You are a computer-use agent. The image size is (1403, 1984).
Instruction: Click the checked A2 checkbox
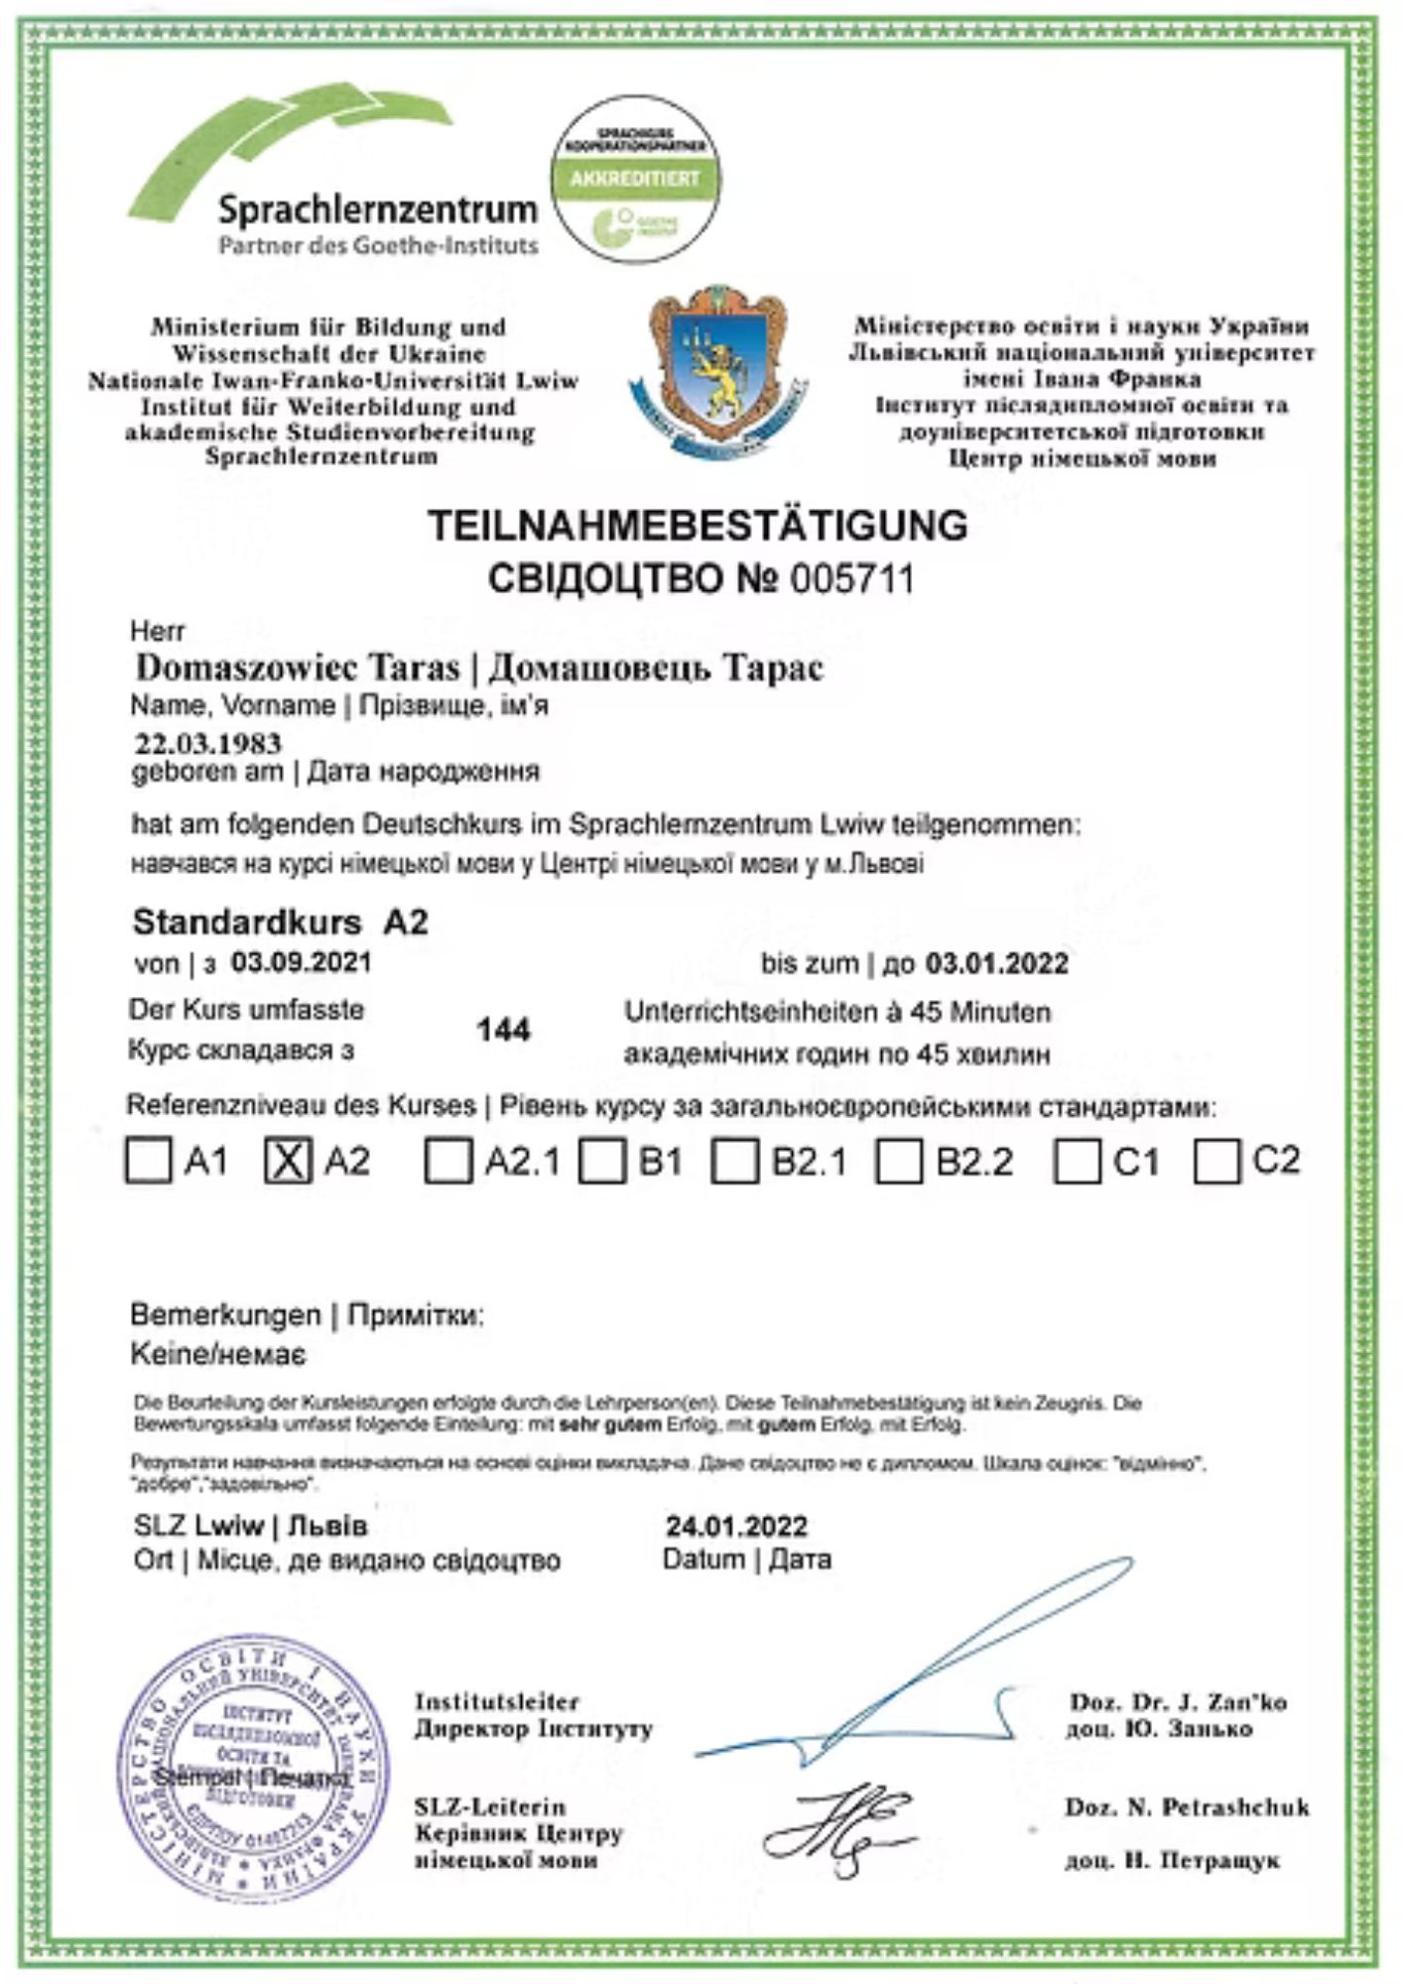pos(288,1160)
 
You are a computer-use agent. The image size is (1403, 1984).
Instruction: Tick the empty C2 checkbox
pos(1216,1161)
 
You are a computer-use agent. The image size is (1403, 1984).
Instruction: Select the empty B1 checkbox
pos(601,1161)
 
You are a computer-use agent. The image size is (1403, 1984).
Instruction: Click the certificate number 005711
pos(851,579)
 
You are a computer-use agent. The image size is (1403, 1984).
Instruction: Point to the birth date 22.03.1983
pos(208,743)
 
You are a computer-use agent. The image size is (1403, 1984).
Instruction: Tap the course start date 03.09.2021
pos(301,961)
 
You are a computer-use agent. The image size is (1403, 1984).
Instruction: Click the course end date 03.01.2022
pos(996,963)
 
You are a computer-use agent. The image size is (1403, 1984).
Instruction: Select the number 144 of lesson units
pos(503,1030)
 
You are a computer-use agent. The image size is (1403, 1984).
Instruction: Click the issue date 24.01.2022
pos(736,1525)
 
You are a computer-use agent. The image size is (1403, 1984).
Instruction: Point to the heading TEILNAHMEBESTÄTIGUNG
pos(698,525)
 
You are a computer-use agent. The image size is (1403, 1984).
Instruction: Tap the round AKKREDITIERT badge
pos(635,180)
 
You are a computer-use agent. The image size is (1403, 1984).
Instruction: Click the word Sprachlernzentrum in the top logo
pos(377,209)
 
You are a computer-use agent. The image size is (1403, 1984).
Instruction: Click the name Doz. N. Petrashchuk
pos(1187,1806)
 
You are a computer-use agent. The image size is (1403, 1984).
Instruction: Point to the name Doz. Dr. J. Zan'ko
pos(1177,1702)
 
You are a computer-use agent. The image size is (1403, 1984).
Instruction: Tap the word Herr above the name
pos(157,631)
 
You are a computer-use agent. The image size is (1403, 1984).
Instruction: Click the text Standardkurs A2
pos(280,922)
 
